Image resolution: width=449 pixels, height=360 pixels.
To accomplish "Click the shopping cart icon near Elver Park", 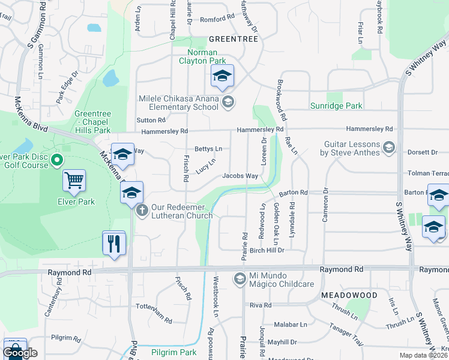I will (74, 179).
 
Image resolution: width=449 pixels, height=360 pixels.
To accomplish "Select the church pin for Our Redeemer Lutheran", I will (142, 210).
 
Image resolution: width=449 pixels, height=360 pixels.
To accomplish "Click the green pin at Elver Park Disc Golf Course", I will (57, 160).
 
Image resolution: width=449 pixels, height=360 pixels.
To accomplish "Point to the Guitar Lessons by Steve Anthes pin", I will (388, 147).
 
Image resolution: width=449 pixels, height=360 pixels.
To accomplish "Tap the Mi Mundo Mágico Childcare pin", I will (240, 278).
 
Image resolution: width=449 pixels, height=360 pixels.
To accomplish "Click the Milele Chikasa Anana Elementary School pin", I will (227, 102).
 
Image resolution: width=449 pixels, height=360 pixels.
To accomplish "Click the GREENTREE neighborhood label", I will (233, 39).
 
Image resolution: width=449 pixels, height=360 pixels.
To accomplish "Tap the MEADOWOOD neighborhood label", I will (349, 295).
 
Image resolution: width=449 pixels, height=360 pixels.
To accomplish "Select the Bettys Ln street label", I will (208, 149).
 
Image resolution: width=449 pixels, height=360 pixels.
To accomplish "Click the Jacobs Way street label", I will (240, 176).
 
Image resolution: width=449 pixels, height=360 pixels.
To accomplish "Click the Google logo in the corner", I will (20, 353).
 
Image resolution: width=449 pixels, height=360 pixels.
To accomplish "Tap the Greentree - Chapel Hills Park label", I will (92, 122).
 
